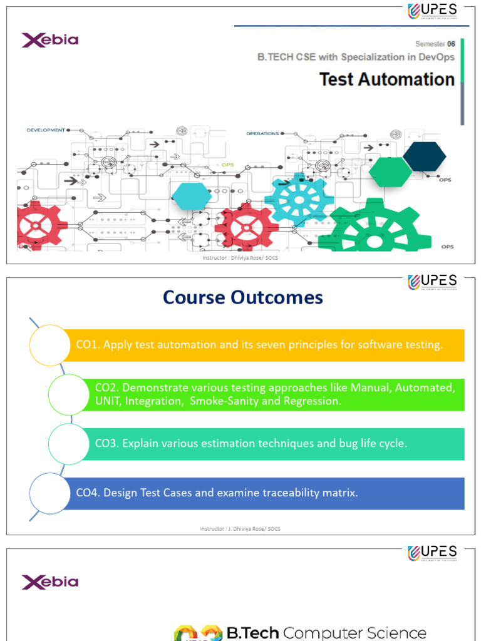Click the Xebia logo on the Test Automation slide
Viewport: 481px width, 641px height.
coord(50,41)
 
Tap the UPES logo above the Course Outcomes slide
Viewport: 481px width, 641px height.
coord(433,282)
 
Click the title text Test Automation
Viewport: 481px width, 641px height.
coord(386,79)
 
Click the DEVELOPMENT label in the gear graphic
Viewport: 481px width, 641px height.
coord(46,130)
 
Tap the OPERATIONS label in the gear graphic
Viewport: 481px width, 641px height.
coord(262,133)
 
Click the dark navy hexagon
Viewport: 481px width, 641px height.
coord(424,156)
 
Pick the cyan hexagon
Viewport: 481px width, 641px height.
coord(192,197)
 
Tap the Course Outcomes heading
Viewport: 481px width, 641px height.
coord(243,297)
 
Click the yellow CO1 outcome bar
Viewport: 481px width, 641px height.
coord(263,345)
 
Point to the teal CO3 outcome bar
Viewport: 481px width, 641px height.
coord(269,444)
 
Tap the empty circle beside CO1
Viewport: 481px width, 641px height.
coord(49,345)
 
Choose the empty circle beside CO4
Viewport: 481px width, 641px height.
coord(49,493)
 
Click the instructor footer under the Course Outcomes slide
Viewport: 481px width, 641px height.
coord(240,529)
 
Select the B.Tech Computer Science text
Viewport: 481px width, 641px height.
coord(326,633)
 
